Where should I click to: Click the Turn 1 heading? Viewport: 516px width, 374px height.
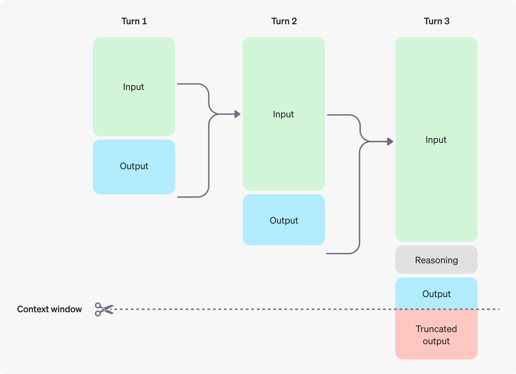134,21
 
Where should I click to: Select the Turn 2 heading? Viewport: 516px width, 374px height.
284,21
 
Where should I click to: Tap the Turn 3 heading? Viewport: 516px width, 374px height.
436,21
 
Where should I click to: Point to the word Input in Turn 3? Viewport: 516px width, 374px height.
436,140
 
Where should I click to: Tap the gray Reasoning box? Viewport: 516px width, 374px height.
436,260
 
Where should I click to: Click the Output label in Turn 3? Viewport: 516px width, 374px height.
436,294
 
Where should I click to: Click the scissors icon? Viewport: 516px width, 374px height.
104,309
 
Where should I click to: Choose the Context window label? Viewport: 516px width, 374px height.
49,309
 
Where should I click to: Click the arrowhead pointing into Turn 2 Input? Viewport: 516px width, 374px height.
238,114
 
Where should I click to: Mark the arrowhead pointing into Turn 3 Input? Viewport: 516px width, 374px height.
390,142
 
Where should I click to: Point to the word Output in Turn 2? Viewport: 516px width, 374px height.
284,220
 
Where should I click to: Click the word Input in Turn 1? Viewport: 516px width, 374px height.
134,87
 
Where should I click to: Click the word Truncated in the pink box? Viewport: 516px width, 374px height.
436,329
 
